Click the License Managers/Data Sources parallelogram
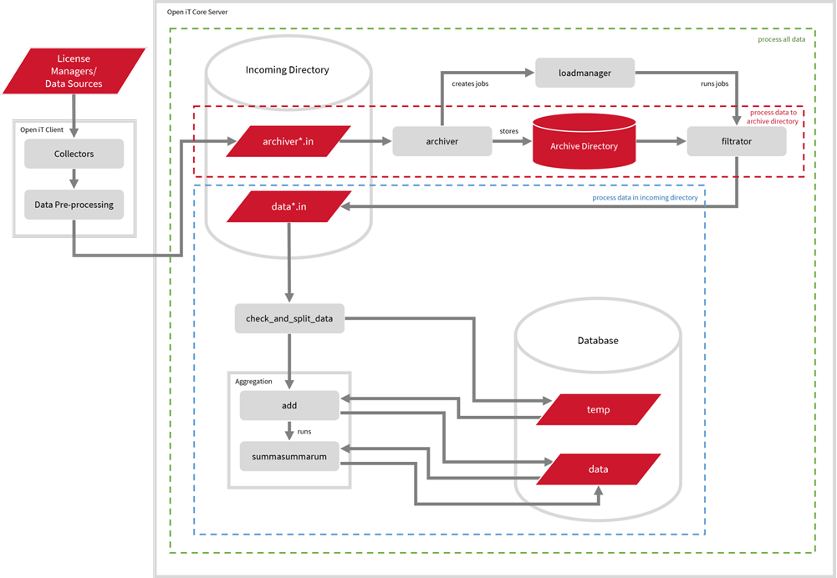(79, 71)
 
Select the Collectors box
(74, 154)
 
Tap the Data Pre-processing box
(74, 205)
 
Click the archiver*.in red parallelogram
(288, 141)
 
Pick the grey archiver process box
(441, 141)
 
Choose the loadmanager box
(584, 73)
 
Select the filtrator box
(736, 141)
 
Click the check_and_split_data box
(289, 319)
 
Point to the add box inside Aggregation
(289, 405)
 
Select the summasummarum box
(289, 456)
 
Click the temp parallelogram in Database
(598, 409)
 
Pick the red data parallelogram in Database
(598, 469)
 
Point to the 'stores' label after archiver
(509, 131)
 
